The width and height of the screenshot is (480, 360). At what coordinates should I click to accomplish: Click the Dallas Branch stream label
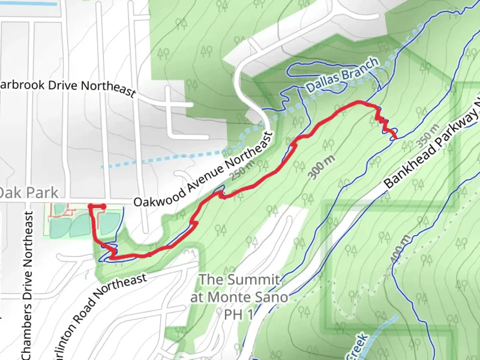pos(342,75)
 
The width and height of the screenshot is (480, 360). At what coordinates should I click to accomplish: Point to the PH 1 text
pos(238,314)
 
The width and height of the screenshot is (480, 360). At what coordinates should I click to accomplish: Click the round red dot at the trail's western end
pos(103,207)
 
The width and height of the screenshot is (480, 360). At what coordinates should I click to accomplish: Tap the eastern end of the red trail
pos(395,137)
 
